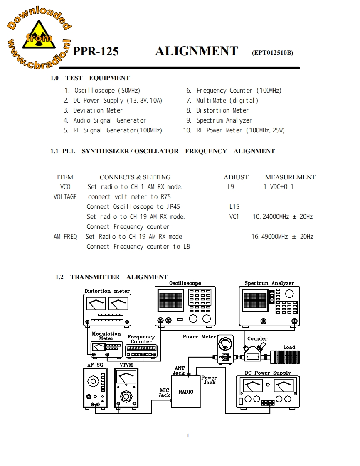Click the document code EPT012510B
pos(272,53)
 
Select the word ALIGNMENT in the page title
pos(196,51)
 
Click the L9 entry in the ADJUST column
pos(231,187)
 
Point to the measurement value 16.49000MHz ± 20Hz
pos(282,237)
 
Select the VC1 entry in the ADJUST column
pos(234,217)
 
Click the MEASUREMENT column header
pos(290,177)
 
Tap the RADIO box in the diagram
pos(186,392)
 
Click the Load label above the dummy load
pos(289,347)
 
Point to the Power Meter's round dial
pos(225,344)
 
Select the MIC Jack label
pos(165,392)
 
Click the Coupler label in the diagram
pos(257,338)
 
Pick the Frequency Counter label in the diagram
pos(141,339)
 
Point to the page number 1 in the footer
pos(188,435)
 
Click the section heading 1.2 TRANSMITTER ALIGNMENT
pos(111,277)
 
